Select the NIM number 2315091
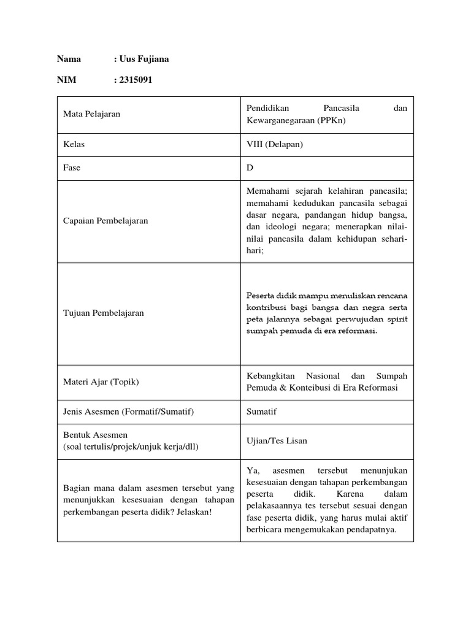click(135, 79)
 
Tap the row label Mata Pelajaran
click(92, 114)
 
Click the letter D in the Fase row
click(250, 167)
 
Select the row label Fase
click(72, 167)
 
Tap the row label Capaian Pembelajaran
click(105, 221)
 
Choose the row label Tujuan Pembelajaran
click(104, 313)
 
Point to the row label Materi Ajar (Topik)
click(101, 381)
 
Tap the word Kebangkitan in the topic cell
click(270, 375)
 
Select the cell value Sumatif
click(261, 412)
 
